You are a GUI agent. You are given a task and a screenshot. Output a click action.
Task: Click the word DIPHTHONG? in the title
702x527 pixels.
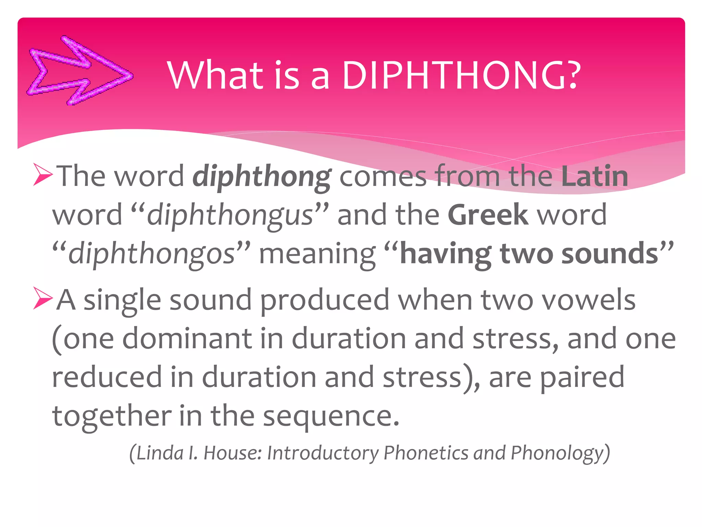click(x=461, y=75)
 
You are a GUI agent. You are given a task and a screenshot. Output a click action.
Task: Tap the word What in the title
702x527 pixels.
click(x=215, y=75)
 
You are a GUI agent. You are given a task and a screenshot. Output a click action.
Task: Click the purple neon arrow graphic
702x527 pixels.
click(x=80, y=70)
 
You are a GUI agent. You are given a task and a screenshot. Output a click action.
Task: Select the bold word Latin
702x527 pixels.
click(x=594, y=176)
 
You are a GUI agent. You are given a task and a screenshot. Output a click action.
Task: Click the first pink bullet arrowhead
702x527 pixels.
click(x=43, y=175)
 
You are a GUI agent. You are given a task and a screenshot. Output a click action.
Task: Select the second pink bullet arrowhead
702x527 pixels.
click(x=43, y=298)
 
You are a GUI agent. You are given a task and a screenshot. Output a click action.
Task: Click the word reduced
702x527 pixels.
click(x=107, y=377)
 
